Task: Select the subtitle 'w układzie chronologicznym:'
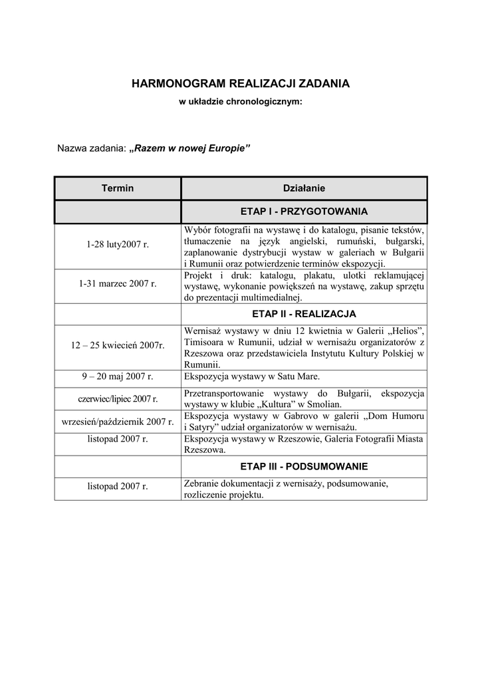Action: point(241,102)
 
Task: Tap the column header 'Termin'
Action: point(118,188)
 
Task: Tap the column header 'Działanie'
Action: point(304,188)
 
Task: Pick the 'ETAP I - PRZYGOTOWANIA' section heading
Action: point(304,211)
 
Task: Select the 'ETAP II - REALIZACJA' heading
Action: point(304,313)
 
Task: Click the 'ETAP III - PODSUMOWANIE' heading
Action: point(304,466)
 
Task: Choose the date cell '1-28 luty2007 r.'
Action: point(118,245)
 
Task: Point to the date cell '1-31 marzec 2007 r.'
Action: point(118,283)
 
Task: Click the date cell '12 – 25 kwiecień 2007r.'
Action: point(118,345)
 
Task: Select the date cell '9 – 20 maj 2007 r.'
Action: point(118,376)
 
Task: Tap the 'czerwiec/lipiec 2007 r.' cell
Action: point(118,398)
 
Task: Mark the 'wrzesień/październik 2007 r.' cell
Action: point(118,422)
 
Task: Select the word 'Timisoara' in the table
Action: point(204,342)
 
